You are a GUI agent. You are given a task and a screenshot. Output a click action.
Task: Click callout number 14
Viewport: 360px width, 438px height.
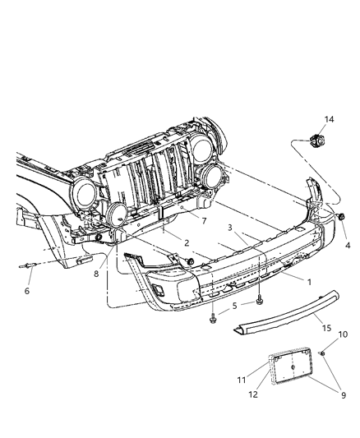point(330,121)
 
